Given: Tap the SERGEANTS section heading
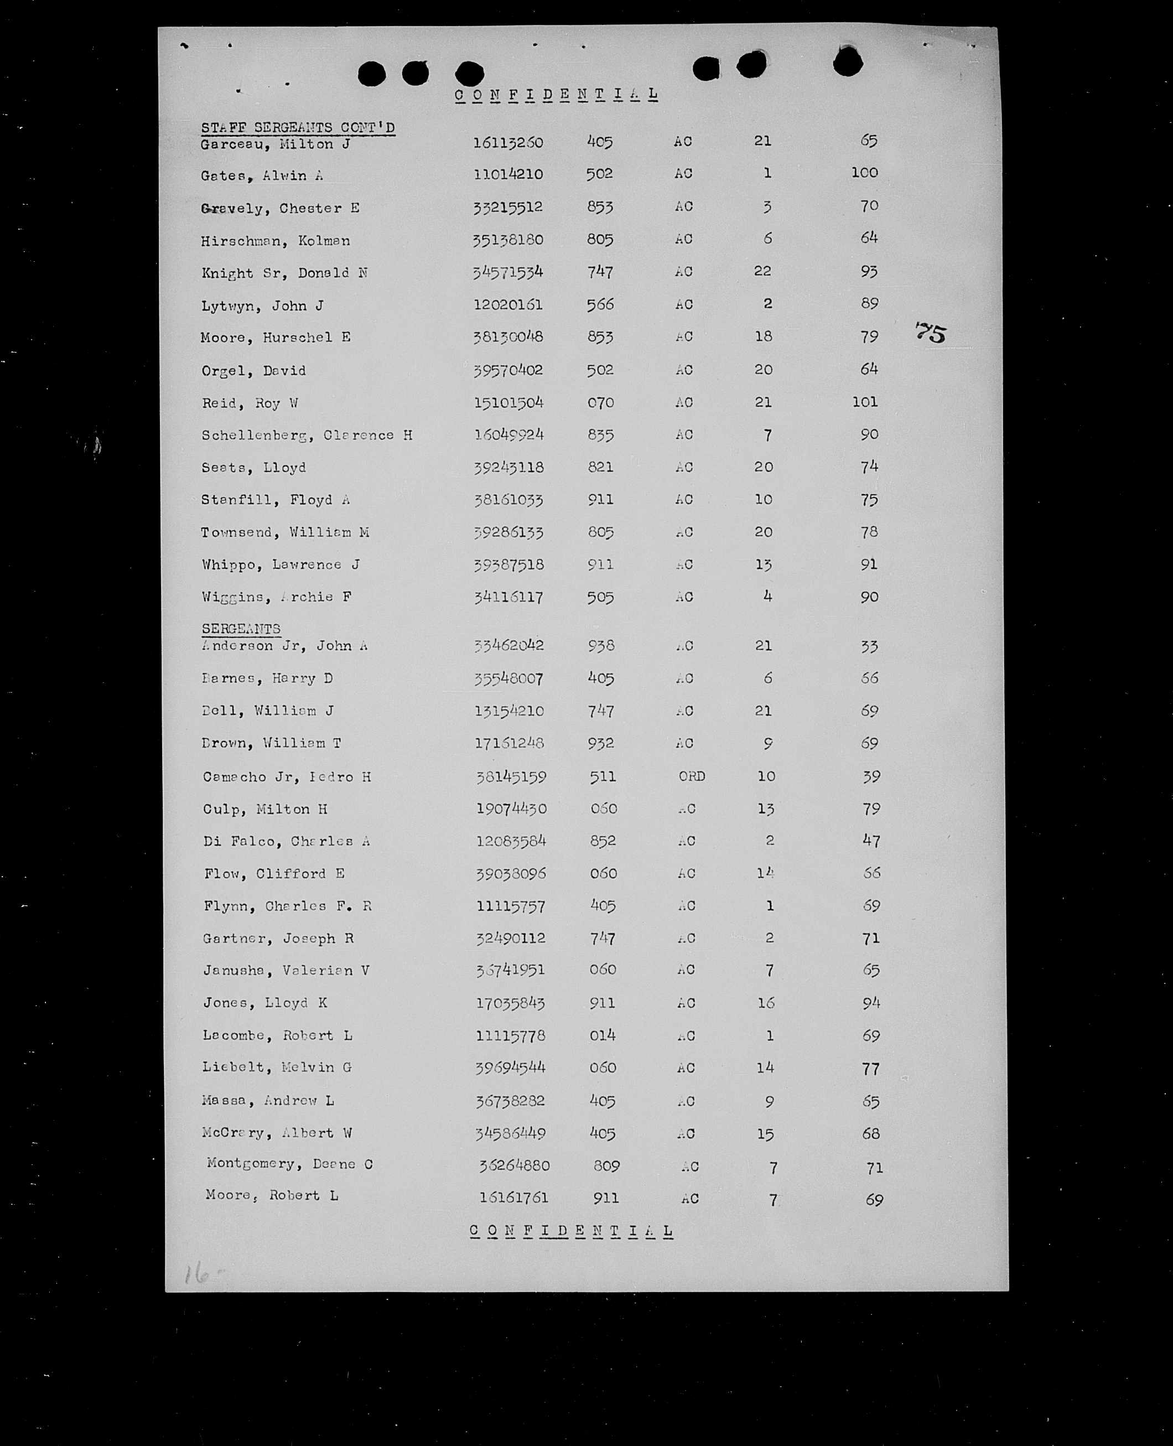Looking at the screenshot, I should [241, 629].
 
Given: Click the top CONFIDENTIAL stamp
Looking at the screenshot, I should [556, 95].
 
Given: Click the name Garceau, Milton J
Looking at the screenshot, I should [275, 144].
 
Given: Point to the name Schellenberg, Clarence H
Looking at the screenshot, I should [307, 435].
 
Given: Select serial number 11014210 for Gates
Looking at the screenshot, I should [508, 174].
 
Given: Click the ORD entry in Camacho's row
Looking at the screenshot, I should [691, 776].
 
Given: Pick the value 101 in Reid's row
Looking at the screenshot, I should [864, 402].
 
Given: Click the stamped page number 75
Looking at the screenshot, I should [931, 333].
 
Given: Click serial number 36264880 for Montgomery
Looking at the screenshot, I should [514, 1165].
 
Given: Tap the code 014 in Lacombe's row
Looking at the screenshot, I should [602, 1035].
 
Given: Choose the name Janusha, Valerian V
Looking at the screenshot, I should [286, 970].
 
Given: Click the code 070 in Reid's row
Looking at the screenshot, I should [600, 403].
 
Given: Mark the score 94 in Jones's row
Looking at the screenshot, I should [871, 1003].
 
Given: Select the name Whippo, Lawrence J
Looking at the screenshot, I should [281, 564].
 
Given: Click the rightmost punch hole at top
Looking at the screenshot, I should [847, 62].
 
